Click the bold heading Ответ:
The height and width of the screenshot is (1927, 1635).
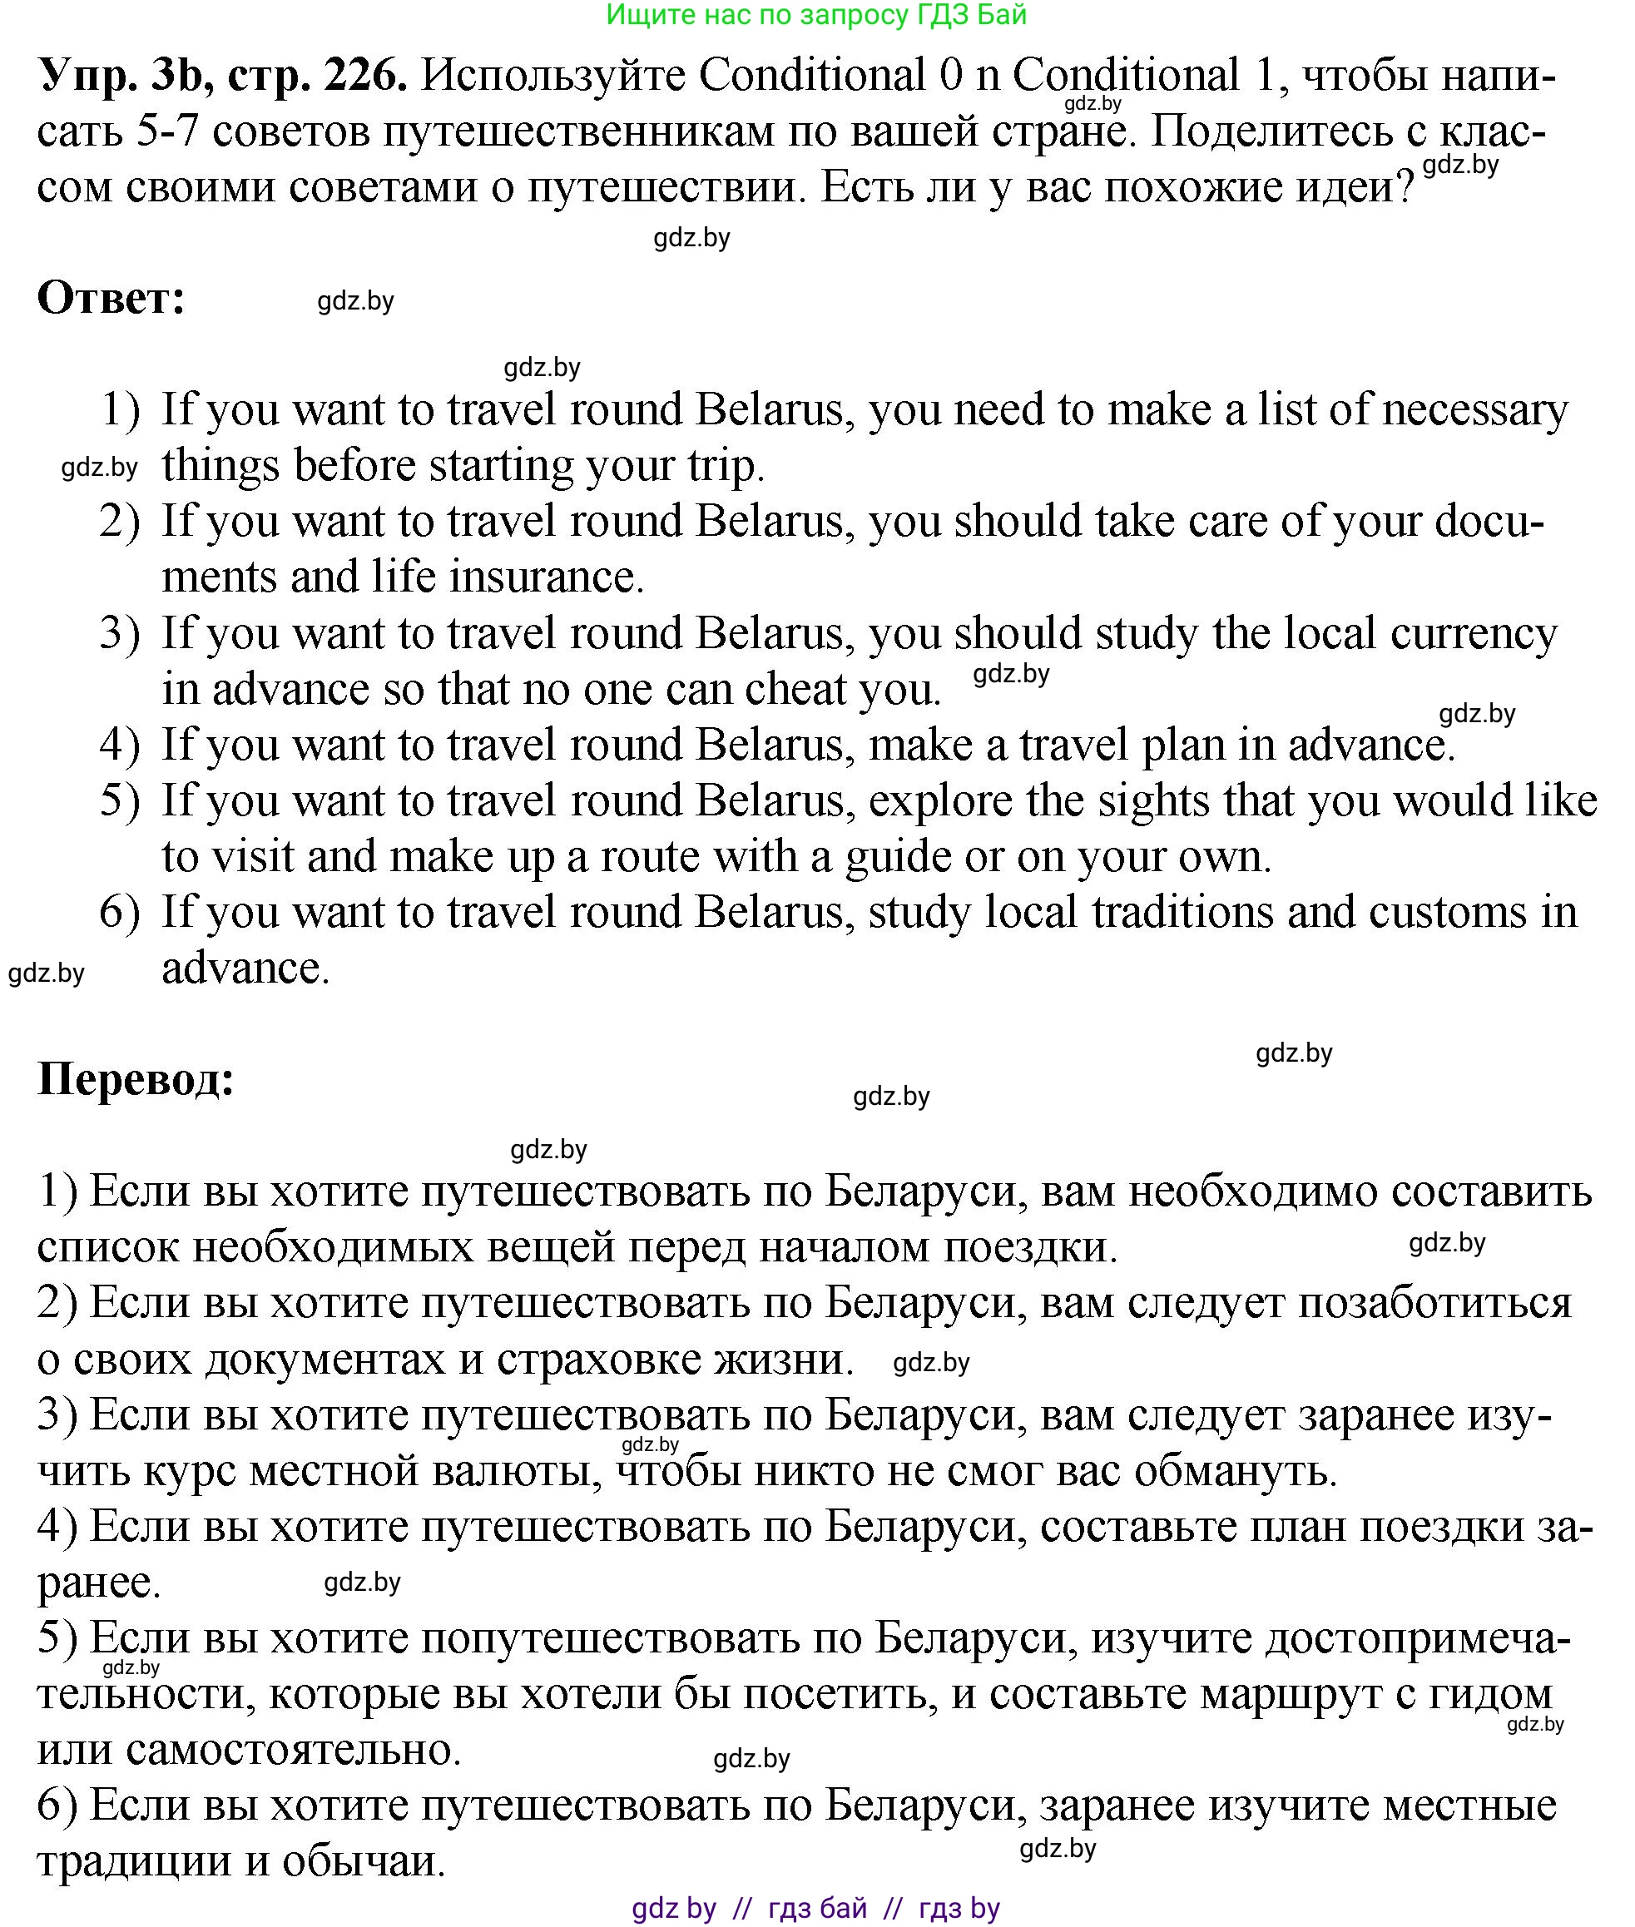(111, 299)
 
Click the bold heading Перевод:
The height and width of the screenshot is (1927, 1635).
(136, 1079)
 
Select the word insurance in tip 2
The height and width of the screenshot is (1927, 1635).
(546, 577)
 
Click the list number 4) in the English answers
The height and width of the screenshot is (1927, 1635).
(120, 746)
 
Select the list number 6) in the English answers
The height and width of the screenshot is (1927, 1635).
(120, 912)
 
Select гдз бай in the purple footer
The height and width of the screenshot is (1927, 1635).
(817, 1908)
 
